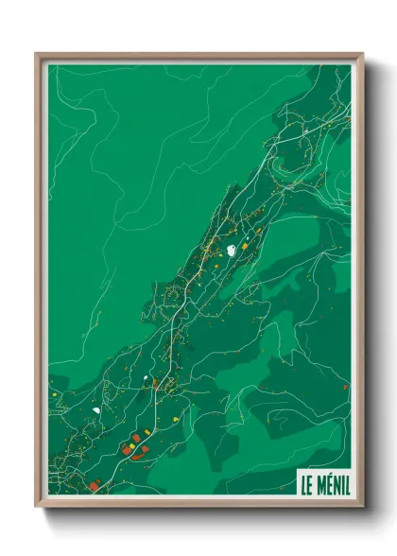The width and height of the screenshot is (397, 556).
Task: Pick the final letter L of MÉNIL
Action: click(x=346, y=484)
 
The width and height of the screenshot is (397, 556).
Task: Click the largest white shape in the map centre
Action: click(x=232, y=251)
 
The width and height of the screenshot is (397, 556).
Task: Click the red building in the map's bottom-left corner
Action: click(x=95, y=486)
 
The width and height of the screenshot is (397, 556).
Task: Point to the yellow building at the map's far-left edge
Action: click(x=53, y=387)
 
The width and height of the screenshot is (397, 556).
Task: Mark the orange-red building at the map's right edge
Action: click(x=345, y=386)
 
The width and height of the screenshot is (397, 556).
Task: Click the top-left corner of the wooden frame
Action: click(x=37, y=54)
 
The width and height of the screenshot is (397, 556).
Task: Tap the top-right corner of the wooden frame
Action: click(x=362, y=54)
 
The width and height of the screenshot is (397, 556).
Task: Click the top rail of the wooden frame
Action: click(x=198, y=57)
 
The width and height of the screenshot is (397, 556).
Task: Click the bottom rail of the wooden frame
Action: click(x=198, y=503)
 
